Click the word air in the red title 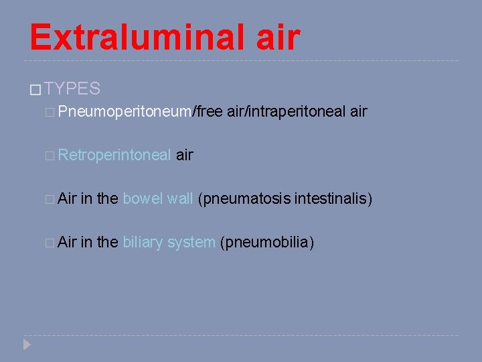pyautogui.click(x=277, y=37)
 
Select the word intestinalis pyautogui.click(x=333, y=198)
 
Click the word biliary pyautogui.click(x=143, y=242)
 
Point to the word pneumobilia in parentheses pyautogui.click(x=266, y=242)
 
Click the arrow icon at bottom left pyautogui.click(x=27, y=345)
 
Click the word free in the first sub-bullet pyautogui.click(x=209, y=111)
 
